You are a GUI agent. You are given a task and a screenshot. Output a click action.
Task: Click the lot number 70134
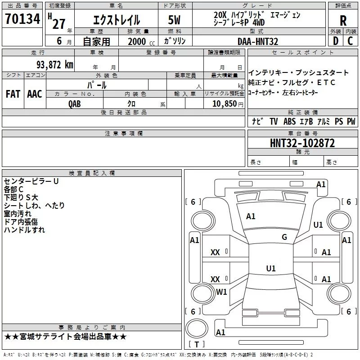[22, 19]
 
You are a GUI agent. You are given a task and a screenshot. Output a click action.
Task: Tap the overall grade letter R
[343, 21]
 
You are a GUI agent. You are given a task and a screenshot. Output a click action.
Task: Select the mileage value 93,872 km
[55, 65]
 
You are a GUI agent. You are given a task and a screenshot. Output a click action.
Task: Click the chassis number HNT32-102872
[302, 143]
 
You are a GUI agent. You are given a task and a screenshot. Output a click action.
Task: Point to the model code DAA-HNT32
[258, 41]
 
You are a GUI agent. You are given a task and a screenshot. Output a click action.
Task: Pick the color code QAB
[74, 104]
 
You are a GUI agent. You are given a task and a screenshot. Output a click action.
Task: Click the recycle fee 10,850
[224, 104]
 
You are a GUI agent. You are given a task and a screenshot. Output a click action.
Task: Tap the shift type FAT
[13, 94]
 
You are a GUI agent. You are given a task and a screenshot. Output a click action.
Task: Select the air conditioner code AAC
[35, 94]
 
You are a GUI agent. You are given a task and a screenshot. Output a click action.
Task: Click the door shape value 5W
[174, 20]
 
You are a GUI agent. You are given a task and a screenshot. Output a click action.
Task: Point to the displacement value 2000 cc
[141, 41]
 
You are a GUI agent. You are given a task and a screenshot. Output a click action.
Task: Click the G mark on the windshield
[284, 237]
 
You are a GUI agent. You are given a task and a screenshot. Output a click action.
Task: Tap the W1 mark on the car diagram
[221, 292]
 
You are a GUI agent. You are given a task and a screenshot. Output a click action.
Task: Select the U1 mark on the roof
[271, 268]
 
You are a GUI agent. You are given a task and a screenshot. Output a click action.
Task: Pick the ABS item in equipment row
[289, 121]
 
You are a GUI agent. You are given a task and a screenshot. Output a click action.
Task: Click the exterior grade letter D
[336, 41]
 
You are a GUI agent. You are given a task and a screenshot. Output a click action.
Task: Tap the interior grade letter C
[350, 41]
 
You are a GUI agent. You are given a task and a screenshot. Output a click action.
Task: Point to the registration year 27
[59, 24]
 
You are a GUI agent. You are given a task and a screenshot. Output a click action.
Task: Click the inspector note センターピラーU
[31, 181]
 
